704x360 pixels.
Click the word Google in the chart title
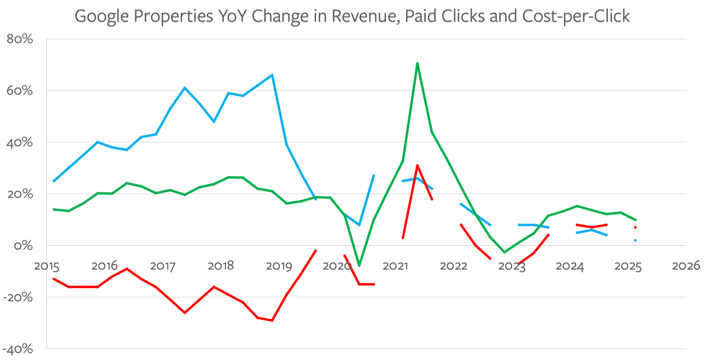point(103,16)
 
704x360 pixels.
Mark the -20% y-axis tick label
point(19,297)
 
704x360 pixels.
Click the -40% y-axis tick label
point(19,349)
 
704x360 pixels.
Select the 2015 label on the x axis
point(47,266)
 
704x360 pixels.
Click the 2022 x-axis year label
point(454,266)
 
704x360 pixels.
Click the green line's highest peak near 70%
point(418,64)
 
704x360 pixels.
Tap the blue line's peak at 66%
point(272,75)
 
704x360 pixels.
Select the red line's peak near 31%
point(418,165)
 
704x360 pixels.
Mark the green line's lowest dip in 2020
point(359,265)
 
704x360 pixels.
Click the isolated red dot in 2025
point(635,227)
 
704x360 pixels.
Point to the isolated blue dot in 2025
point(635,240)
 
